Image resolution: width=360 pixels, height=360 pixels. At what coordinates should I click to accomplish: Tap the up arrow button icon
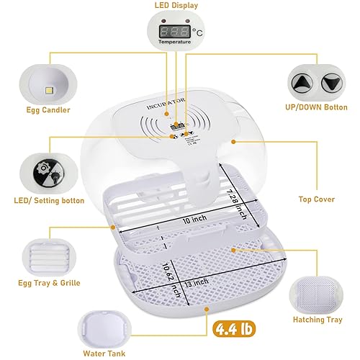[x=301, y=83]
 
